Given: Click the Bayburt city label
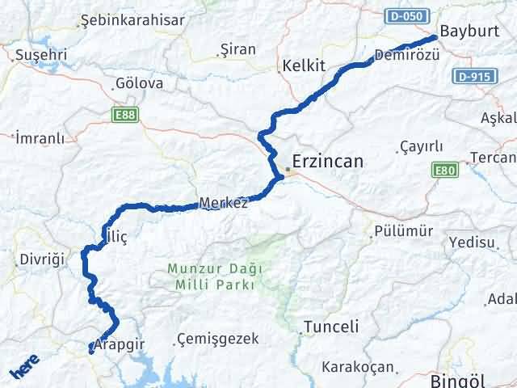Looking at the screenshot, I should [x=464, y=31].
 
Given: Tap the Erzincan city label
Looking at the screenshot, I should [x=327, y=162].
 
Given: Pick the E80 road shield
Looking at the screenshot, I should [x=444, y=170].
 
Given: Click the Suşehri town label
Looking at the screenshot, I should [x=41, y=56].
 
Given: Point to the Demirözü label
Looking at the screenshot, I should [x=407, y=55].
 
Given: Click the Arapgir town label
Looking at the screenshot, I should [x=119, y=344].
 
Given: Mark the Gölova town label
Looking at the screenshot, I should [x=139, y=83].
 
